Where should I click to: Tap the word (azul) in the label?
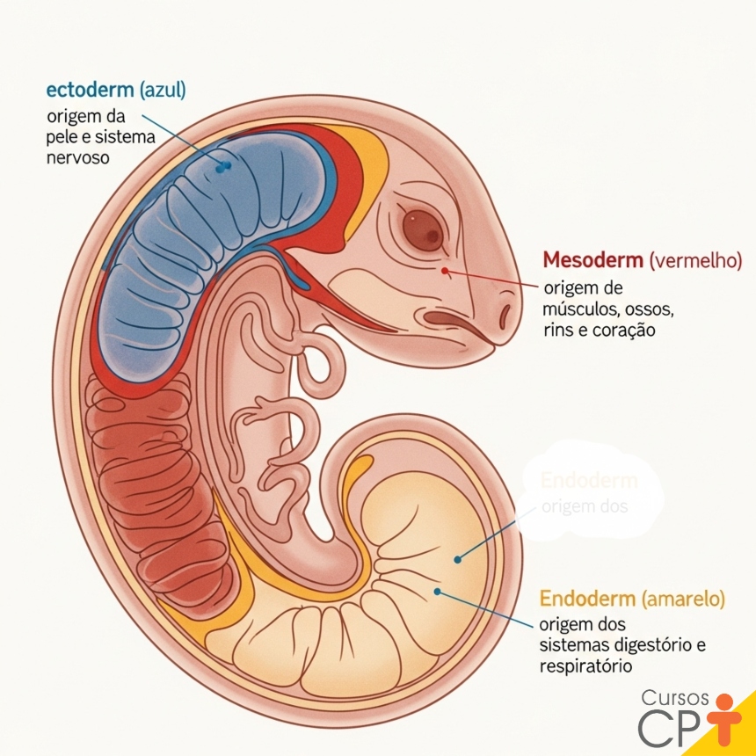(161, 90)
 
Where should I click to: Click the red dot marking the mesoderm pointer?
(445, 271)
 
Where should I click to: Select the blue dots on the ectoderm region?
(223, 164)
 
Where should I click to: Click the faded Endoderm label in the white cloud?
(588, 482)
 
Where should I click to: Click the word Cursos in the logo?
(674, 698)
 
